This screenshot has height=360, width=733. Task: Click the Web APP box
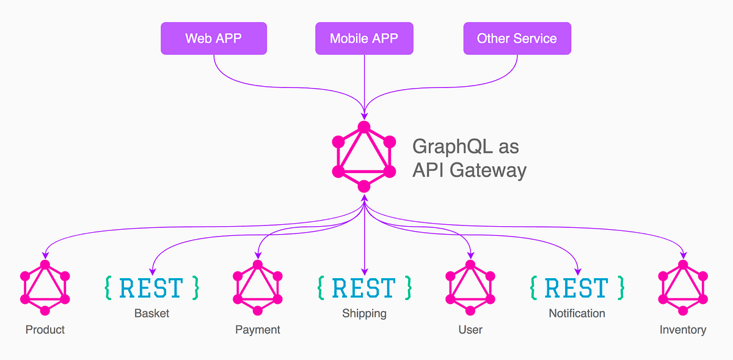(x=213, y=39)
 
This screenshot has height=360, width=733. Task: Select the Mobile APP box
(x=364, y=39)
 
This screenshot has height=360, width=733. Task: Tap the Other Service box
(x=517, y=39)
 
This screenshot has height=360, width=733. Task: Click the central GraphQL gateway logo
(x=364, y=156)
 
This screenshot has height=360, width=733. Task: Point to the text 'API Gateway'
(x=469, y=169)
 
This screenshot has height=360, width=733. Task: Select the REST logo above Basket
(x=151, y=288)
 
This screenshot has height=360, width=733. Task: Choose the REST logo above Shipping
(x=364, y=288)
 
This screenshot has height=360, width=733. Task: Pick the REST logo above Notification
(x=577, y=288)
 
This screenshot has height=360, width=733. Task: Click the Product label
(x=45, y=329)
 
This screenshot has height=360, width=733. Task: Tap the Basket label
(x=151, y=314)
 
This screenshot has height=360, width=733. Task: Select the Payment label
(x=257, y=329)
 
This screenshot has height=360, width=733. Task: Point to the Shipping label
(x=364, y=314)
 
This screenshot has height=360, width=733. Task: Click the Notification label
(x=577, y=314)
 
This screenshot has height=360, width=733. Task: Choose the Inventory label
(x=683, y=329)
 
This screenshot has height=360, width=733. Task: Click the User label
(x=470, y=329)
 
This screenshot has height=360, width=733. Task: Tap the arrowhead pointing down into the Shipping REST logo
(x=364, y=271)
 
